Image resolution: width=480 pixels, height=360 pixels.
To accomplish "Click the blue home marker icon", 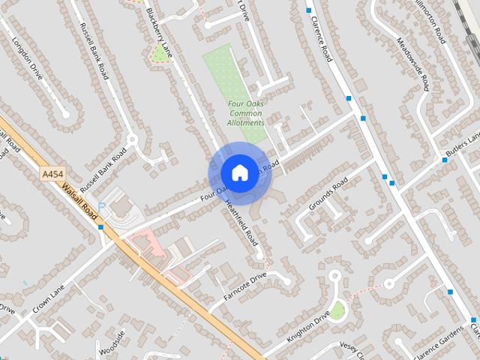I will (239, 172).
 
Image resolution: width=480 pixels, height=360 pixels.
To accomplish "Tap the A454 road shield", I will (52, 174).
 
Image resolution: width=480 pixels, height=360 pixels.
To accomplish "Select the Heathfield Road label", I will (241, 224).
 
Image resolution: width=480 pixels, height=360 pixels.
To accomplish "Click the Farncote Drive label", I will (244, 286).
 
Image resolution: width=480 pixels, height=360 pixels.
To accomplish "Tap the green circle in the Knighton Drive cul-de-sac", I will (337, 310).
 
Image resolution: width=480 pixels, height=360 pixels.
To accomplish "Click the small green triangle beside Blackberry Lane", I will (160, 54).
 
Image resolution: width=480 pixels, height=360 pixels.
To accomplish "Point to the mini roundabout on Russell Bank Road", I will (132, 139).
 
